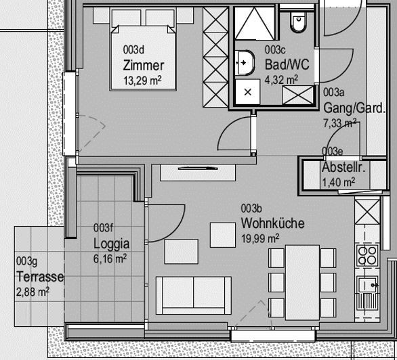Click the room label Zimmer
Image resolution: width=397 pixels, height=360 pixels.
point(144,66)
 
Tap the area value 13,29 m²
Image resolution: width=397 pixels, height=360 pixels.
point(142,81)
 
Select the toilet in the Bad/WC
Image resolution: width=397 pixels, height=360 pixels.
point(299,22)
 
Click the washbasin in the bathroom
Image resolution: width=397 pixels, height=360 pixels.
point(245,63)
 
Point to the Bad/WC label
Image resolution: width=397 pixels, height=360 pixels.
point(287,64)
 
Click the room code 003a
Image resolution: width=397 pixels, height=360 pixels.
point(334,93)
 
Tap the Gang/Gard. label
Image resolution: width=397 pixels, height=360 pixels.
point(354,108)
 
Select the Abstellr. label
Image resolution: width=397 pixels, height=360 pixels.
point(343,167)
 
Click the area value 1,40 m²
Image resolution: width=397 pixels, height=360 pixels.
point(338,182)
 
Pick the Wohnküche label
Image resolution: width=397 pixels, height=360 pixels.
point(272,223)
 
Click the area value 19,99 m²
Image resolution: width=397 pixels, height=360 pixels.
point(260,238)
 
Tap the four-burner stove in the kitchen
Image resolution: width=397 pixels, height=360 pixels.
point(367,255)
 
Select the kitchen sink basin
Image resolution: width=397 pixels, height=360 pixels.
point(367,285)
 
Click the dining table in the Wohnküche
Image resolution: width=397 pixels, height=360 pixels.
point(302,282)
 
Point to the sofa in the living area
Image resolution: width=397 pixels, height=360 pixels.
point(194,296)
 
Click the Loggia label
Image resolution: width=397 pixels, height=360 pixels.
point(111,244)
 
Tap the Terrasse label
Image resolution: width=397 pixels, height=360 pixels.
point(40,277)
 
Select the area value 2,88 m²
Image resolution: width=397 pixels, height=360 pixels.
point(33,292)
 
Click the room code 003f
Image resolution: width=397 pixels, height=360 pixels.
point(103,228)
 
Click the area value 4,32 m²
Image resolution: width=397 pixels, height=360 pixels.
point(281,80)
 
